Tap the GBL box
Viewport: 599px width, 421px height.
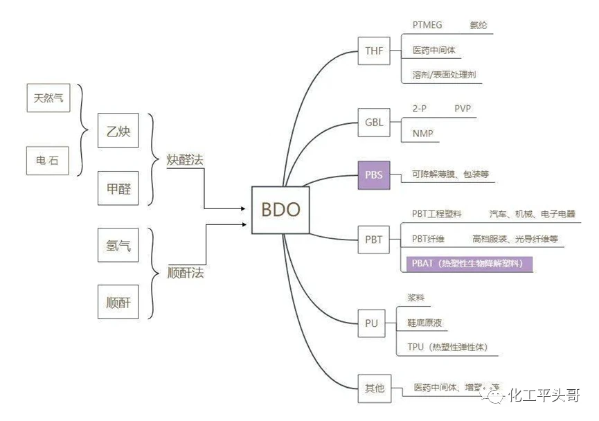(374, 123)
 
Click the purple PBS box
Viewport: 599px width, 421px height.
(373, 174)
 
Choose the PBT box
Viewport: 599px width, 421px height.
(373, 240)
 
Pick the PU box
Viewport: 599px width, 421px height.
(371, 323)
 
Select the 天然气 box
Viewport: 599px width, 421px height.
(48, 98)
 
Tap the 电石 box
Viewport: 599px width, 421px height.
(48, 161)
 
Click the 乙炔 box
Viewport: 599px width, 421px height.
(118, 131)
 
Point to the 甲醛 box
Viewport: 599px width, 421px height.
(118, 188)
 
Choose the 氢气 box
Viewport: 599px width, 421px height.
(118, 245)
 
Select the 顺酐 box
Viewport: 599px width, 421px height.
(118, 303)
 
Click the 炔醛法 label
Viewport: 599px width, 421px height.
(186, 160)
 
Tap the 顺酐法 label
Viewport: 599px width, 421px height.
(186, 273)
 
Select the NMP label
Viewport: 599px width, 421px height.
(422, 133)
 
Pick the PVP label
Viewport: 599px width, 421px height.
(463, 109)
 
